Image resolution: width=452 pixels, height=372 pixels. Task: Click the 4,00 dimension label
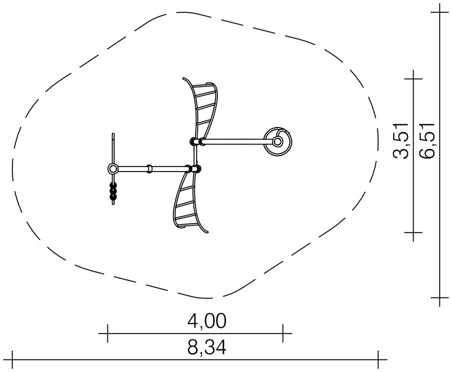(207, 321)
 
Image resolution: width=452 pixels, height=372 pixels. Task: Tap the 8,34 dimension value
(207, 348)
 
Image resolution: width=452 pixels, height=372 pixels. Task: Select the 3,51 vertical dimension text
(401, 141)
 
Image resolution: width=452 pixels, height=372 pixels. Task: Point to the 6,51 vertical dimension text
(427, 141)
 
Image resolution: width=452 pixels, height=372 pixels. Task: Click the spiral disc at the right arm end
(278, 141)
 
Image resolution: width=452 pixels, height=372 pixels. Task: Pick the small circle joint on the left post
(112, 169)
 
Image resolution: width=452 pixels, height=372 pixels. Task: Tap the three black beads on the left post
(114, 191)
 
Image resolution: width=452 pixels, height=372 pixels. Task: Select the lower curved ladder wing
(189, 202)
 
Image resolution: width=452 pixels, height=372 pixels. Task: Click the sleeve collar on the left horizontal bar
(149, 169)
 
